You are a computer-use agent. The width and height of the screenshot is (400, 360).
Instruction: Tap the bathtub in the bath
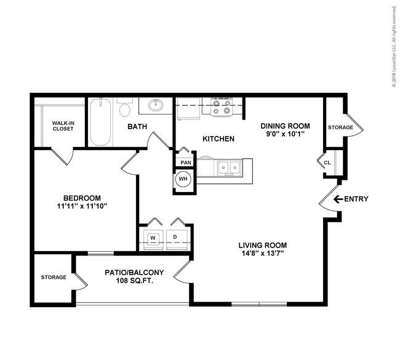pyautogui.click(x=100, y=122)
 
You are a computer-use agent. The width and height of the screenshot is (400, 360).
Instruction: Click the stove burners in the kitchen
pyautogui.click(x=222, y=107)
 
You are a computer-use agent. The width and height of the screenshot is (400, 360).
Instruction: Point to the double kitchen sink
pyautogui.click(x=229, y=168)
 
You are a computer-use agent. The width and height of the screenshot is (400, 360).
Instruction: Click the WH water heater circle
pyautogui.click(x=183, y=179)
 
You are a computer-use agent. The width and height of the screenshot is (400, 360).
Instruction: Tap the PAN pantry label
pyautogui.click(x=186, y=162)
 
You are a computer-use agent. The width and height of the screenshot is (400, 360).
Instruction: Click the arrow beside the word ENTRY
pyautogui.click(x=338, y=199)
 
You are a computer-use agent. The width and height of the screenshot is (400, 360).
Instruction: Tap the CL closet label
pyautogui.click(x=327, y=162)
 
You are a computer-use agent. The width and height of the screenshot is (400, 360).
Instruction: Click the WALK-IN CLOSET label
pyautogui.click(x=63, y=126)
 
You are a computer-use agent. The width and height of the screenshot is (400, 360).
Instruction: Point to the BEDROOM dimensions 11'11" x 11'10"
pyautogui.click(x=82, y=206)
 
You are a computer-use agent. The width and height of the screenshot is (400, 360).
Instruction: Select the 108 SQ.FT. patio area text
pyautogui.click(x=134, y=281)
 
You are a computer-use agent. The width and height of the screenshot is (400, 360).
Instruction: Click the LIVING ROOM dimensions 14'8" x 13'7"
pyautogui.click(x=263, y=254)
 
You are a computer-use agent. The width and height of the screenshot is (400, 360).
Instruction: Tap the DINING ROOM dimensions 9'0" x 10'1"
pyautogui.click(x=286, y=134)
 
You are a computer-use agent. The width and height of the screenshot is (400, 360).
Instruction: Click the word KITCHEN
pyautogui.click(x=218, y=139)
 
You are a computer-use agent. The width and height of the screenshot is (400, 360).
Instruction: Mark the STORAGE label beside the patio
pyautogui.click(x=54, y=278)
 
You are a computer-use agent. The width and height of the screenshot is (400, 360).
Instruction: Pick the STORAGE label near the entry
pyautogui.click(x=340, y=127)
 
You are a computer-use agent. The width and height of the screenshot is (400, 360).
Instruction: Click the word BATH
pyautogui.click(x=137, y=127)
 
